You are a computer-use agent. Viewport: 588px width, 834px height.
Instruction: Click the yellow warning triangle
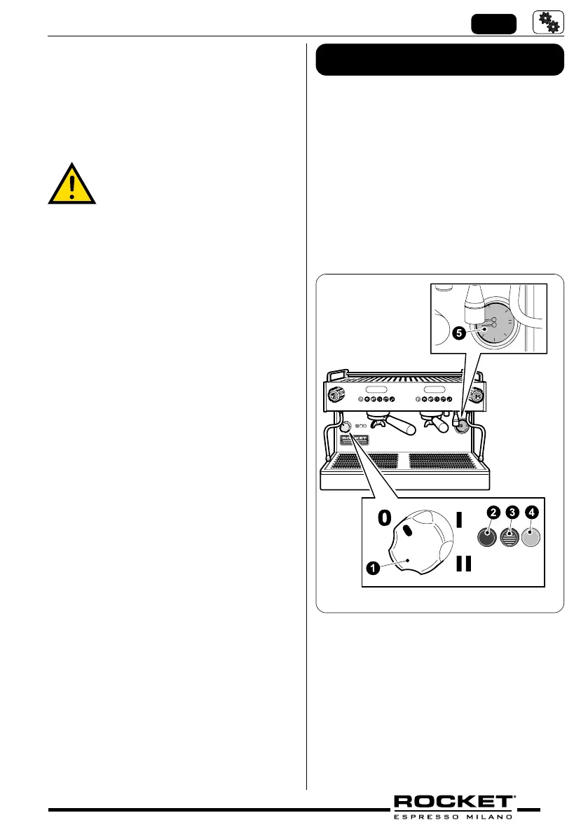(72, 183)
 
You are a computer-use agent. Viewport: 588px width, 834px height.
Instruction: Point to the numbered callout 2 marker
(493, 513)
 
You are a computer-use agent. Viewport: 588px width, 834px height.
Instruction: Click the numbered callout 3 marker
(512, 513)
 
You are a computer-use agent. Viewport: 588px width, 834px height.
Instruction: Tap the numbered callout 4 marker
(532, 513)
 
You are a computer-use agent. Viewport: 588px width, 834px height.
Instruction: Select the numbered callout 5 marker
(458, 335)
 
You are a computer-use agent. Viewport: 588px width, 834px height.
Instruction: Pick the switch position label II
(463, 563)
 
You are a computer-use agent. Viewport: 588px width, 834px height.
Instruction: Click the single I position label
(460, 520)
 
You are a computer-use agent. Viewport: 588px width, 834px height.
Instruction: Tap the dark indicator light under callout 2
(488, 537)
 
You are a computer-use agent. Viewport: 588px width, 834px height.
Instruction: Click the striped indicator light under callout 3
(510, 537)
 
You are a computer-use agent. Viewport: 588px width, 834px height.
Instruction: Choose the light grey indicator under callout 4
(531, 537)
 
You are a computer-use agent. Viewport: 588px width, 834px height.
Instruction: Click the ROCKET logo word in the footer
(454, 802)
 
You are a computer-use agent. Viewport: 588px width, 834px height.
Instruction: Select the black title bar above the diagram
(440, 60)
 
